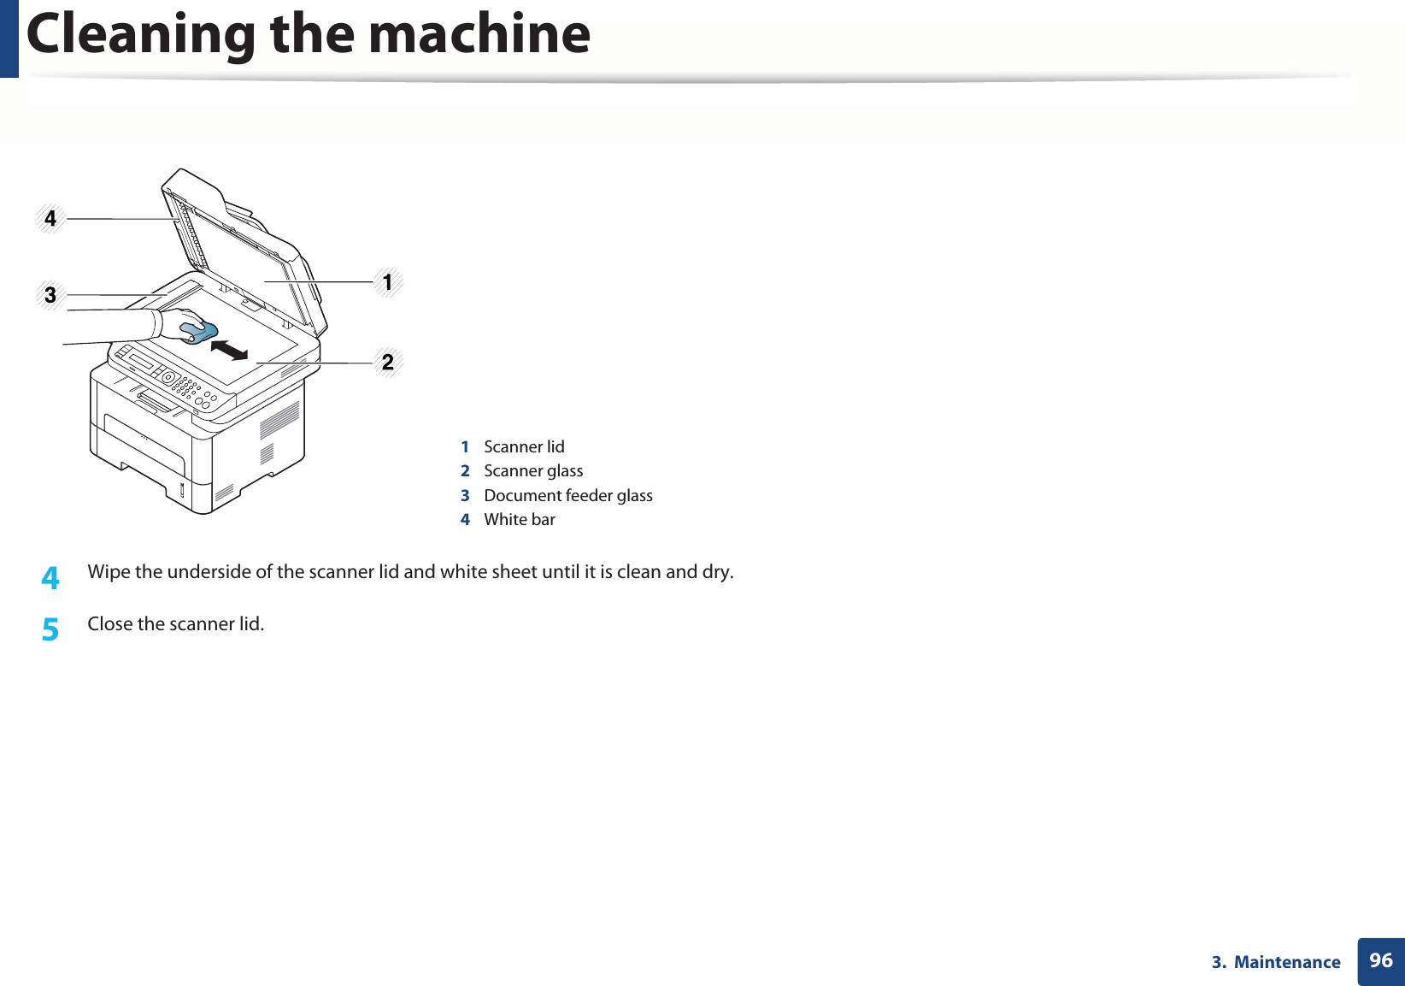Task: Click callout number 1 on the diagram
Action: (387, 282)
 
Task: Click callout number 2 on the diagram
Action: (388, 363)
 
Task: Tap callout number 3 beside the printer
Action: (50, 295)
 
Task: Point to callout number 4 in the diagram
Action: (50, 219)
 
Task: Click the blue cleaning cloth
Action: (200, 331)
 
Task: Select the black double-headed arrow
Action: (229, 349)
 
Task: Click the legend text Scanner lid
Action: (524, 447)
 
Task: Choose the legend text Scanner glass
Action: (533, 471)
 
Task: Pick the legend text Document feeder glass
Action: (568, 496)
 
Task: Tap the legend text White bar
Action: (520, 520)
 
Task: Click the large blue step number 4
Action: (50, 578)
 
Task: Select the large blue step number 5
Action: (50, 630)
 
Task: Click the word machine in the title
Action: (479, 34)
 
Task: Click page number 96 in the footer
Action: (1380, 960)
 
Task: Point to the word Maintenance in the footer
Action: (1287, 962)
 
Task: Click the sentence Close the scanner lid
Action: (176, 624)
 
